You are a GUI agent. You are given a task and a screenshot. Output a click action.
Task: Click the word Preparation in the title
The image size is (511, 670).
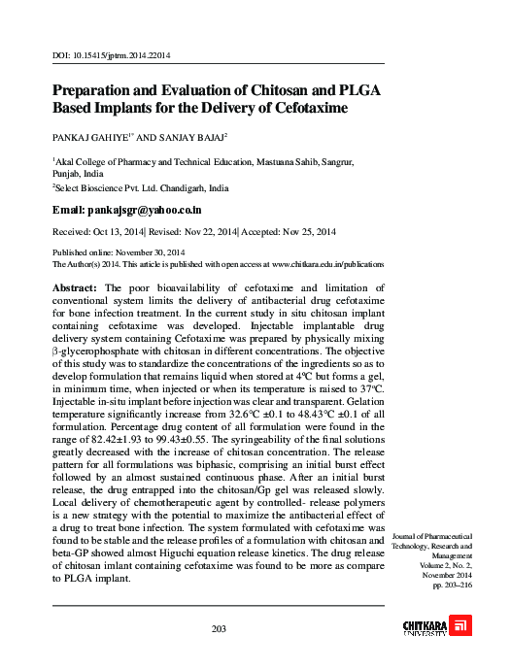click(101, 88)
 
